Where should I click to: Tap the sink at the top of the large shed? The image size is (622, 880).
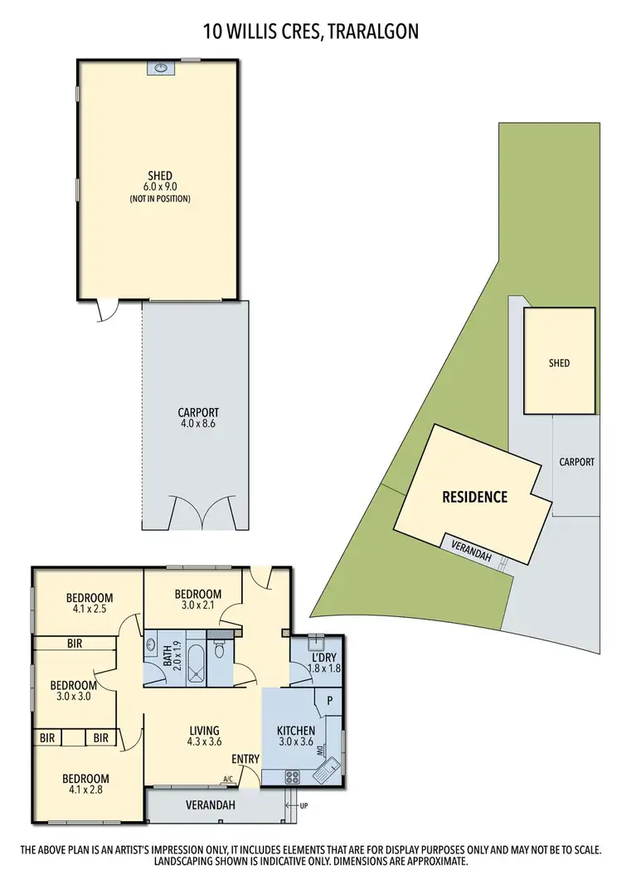coord(158,68)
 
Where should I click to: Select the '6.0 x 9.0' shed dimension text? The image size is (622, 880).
coord(159,187)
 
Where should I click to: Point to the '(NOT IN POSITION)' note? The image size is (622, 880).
coord(159,199)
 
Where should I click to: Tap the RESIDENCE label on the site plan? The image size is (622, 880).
coord(474,498)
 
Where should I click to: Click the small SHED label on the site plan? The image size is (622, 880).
coord(559,363)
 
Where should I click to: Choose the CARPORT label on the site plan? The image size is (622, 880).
coord(576,462)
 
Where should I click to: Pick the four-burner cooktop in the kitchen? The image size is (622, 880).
coord(294,777)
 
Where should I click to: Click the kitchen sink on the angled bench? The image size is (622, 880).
coord(332,769)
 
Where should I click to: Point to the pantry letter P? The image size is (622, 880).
coord(330,700)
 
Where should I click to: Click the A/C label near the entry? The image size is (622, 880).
coord(227,779)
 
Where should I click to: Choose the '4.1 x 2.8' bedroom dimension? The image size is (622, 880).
coord(85,790)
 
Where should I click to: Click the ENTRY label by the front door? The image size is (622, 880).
coord(246,759)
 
